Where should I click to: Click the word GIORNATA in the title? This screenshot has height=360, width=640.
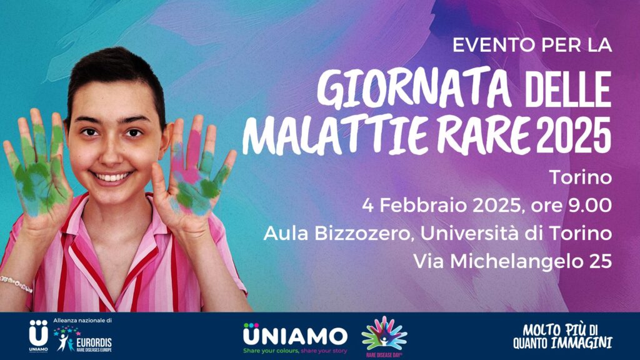[x=414, y=90]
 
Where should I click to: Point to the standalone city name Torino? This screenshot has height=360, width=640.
[x=580, y=177]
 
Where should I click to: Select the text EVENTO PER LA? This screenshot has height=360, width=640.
[x=532, y=45]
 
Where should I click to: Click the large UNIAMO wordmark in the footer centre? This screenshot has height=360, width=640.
[x=295, y=336]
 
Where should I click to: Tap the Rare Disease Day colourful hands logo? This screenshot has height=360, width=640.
[x=384, y=336]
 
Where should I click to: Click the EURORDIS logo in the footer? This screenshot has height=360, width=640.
[x=83, y=339]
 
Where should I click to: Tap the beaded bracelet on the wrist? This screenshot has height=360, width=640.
[x=16, y=283]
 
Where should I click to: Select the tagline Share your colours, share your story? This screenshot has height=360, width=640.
[x=295, y=351]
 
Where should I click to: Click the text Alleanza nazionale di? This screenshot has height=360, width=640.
[x=82, y=321]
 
